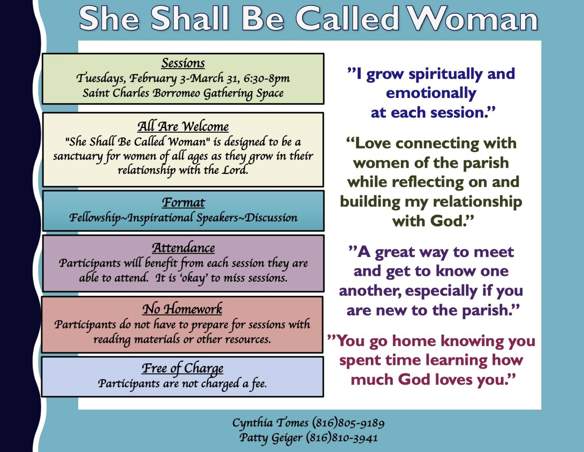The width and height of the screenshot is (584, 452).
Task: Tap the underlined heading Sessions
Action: (x=183, y=63)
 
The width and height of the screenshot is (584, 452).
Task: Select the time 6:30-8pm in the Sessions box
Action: (x=267, y=79)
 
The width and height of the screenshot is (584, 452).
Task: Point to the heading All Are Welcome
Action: (x=183, y=126)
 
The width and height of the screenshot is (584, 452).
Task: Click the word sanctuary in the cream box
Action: (x=78, y=157)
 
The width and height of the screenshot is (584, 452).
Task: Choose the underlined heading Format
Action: (x=183, y=203)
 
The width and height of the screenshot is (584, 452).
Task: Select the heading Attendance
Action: (x=183, y=248)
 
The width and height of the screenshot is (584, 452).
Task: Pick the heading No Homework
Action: (x=182, y=309)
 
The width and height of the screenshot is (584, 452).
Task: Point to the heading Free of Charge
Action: (x=183, y=368)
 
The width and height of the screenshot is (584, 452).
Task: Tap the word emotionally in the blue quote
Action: (x=431, y=93)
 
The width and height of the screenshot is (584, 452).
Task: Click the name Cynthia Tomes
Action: (x=270, y=423)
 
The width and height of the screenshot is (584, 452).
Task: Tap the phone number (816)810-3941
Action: (x=342, y=438)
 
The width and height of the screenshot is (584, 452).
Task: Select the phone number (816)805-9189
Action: (x=348, y=423)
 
